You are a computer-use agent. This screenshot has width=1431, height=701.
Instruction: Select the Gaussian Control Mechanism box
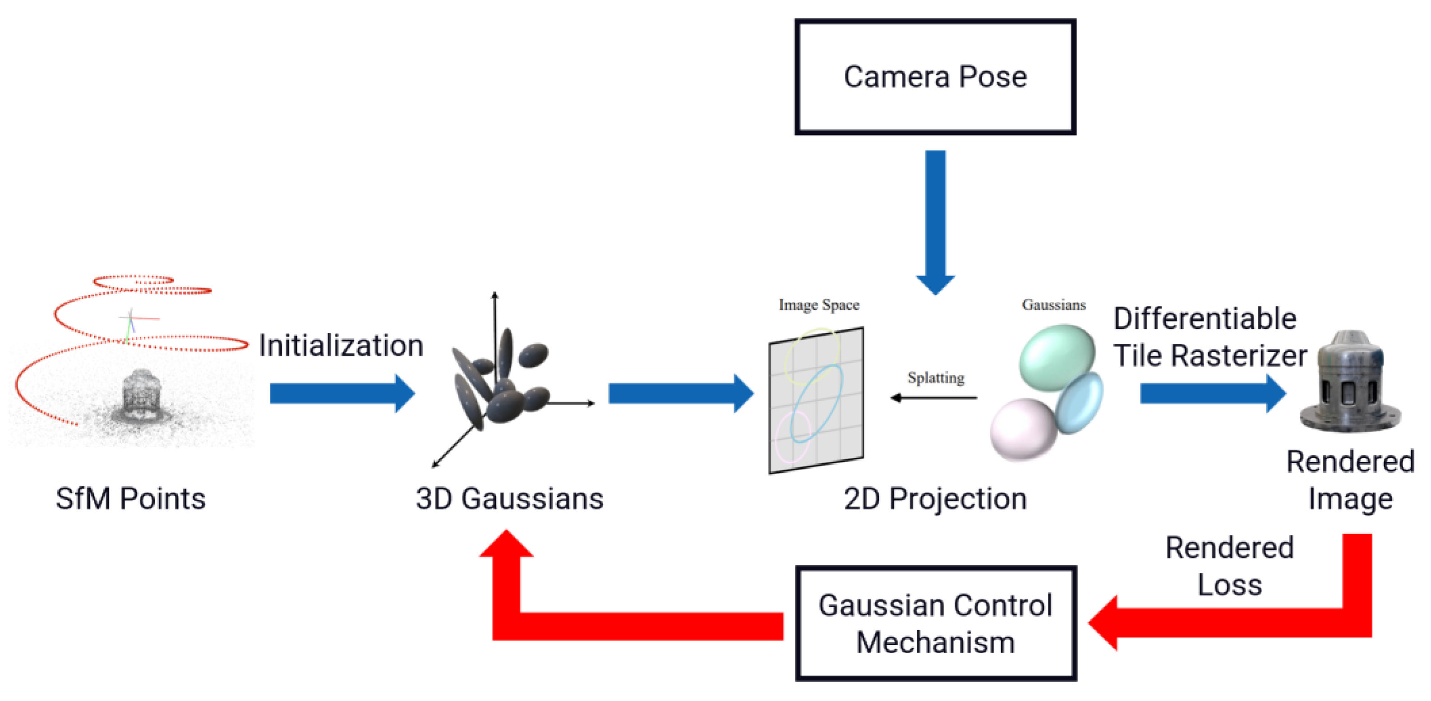pos(936,623)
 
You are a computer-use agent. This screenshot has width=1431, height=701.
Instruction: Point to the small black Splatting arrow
pos(933,398)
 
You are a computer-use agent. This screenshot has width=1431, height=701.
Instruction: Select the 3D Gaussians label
pos(509,498)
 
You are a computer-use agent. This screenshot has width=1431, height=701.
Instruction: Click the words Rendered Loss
pos(1229,566)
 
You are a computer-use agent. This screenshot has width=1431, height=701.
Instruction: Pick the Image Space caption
pos(819,305)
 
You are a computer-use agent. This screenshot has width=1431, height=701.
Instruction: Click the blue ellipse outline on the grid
pos(818,403)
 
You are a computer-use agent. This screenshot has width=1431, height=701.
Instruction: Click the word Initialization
pos(341,346)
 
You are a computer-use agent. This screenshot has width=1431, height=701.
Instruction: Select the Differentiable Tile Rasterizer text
pos(1209,337)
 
